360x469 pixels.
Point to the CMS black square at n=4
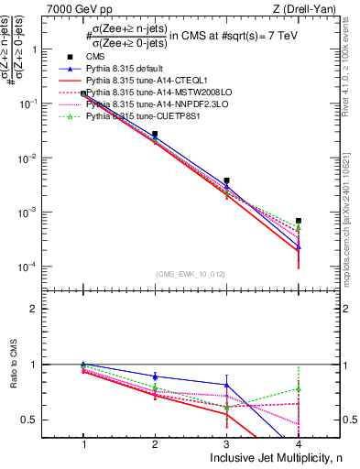(299, 221)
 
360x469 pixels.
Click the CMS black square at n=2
(155, 134)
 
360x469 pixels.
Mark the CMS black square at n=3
(227, 180)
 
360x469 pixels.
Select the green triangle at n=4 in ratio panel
(299, 388)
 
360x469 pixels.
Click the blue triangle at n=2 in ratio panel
(155, 376)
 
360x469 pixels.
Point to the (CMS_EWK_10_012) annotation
(191, 274)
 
